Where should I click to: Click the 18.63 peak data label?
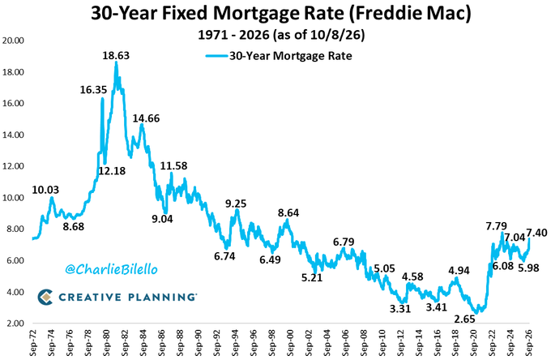point(116,56)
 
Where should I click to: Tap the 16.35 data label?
point(93,90)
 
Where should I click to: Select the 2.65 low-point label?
point(464,319)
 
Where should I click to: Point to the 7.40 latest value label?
point(537,233)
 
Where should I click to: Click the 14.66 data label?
point(146,118)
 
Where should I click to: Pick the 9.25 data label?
point(236,204)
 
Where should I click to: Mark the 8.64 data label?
point(288,212)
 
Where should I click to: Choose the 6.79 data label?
point(344,242)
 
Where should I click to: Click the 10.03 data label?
point(45,190)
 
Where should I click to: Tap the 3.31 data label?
point(400,309)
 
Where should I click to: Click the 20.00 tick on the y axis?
point(13,41)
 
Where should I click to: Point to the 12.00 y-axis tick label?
point(13,166)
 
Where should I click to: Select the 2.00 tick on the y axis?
point(15,324)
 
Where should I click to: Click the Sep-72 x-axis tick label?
point(33,343)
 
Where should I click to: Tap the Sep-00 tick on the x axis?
point(291,343)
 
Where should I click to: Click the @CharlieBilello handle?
point(111,270)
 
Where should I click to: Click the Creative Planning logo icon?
point(45,297)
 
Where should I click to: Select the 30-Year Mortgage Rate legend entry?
point(279,56)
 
